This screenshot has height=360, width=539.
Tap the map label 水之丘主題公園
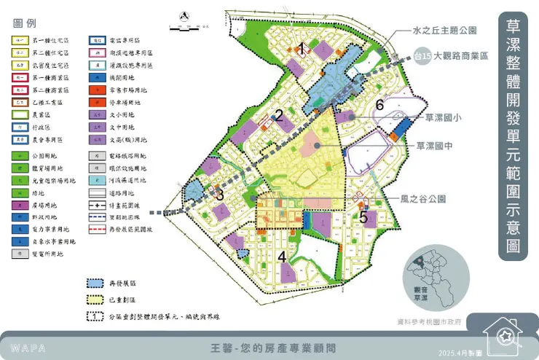click(x=444, y=31)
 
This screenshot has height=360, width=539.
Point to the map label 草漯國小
click(x=447, y=117)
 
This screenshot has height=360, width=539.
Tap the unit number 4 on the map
click(x=282, y=257)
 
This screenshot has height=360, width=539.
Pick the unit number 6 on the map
click(x=379, y=105)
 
